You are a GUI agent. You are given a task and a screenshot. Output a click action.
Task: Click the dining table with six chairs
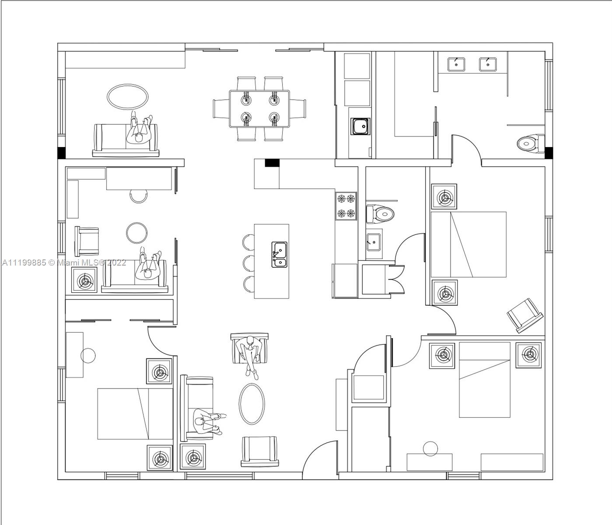coord(259,108)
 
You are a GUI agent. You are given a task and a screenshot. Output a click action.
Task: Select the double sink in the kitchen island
coord(279,255)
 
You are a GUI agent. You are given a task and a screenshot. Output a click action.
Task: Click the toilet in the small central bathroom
coord(380,214)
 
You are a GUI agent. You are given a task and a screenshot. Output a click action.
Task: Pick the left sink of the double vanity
coord(456,64)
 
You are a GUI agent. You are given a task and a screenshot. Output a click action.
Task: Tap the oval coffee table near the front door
coord(252,404)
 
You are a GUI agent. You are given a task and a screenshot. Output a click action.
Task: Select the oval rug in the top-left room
coord(128,96)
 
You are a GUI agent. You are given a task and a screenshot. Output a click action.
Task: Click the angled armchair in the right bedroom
coord(525,315)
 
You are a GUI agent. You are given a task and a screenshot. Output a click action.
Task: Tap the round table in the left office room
coord(136,233)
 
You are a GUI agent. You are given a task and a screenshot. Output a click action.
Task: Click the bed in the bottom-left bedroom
coord(135,414)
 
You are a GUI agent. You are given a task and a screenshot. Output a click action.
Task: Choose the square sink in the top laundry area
coord(360,126)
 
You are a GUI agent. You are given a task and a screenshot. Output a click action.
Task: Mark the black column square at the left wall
coord(61,153)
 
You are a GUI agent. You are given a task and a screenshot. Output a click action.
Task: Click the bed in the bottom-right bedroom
coord(484,380)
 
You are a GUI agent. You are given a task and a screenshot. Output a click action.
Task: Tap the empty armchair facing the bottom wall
coord(260,451)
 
